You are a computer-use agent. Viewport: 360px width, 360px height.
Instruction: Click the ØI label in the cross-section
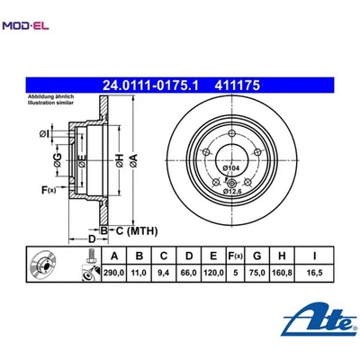click(44, 134)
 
